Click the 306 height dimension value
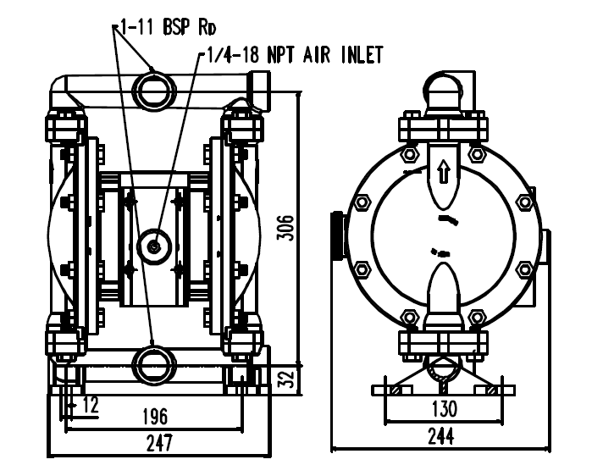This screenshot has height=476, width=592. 285,228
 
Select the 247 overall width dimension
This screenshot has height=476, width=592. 159,443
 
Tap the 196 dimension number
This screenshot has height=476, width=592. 155,417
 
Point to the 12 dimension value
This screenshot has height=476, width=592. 91,405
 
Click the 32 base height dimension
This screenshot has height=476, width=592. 285,379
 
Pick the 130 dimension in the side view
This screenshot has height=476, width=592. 444,408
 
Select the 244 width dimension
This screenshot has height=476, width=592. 441,436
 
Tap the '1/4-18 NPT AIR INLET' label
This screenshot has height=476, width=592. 295,55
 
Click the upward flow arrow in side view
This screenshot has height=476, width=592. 444,171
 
